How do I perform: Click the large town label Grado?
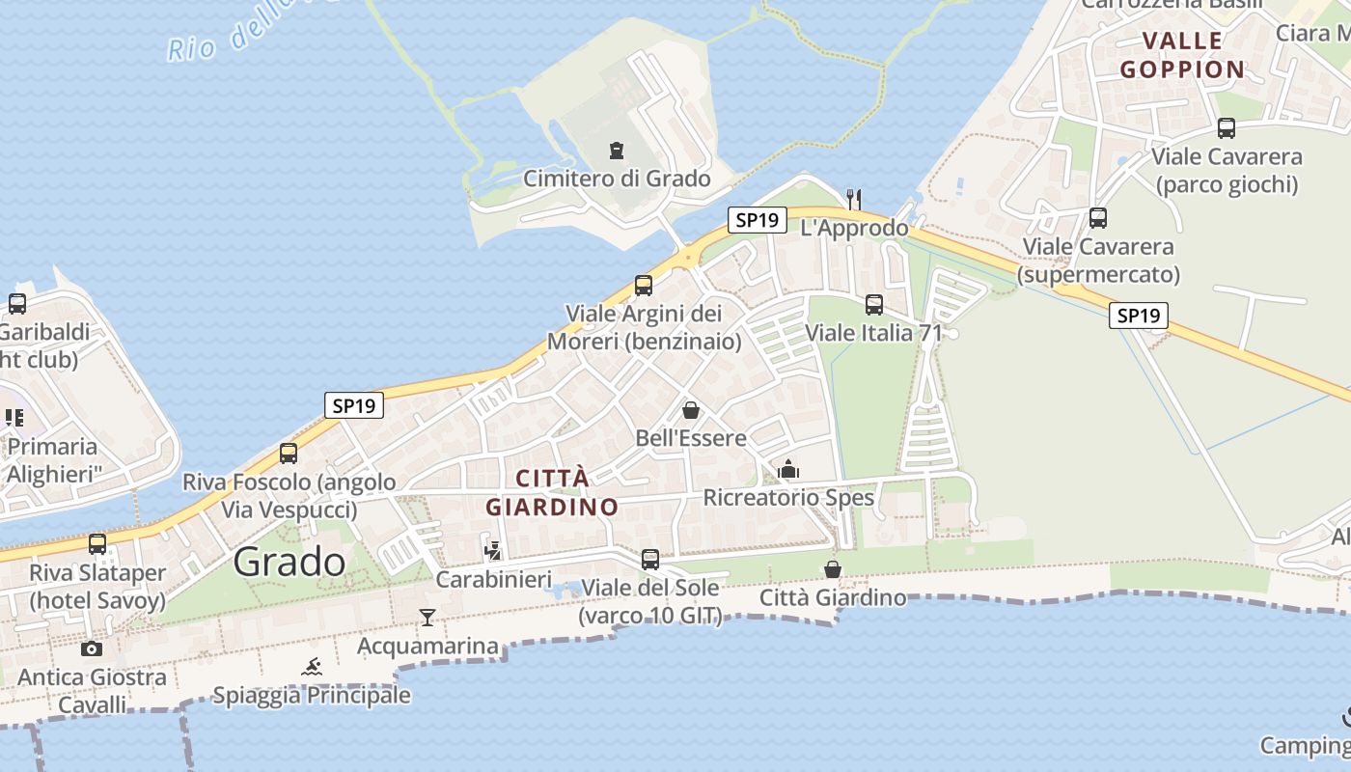point(289,561)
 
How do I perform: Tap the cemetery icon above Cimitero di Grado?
point(617,151)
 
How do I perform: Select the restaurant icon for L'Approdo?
point(853,199)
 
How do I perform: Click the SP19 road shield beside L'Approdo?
point(757,220)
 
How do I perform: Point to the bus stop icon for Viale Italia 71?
point(874,305)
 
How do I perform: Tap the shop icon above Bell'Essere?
point(691,410)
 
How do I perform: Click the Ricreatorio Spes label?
point(788,497)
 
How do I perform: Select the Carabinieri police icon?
point(493,551)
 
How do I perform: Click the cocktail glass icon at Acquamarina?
point(427,618)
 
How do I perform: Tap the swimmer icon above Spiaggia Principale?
point(312,667)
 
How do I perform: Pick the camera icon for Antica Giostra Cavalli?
point(92,648)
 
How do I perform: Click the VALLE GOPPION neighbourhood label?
point(1182,55)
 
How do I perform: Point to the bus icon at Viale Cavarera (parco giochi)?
point(1227,128)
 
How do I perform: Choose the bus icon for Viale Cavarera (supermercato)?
point(1098,218)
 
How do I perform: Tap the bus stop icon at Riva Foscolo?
point(289,454)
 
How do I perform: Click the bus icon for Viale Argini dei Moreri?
point(644,286)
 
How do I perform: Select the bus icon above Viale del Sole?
point(650,560)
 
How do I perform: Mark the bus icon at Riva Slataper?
point(97,544)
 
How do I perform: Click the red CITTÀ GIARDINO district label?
point(552,492)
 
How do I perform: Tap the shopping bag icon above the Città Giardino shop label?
point(833,570)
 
